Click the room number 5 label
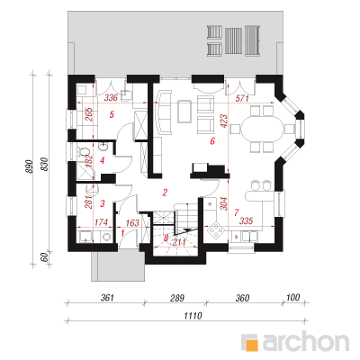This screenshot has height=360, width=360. coord(112,114)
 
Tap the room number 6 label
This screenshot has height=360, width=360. coord(212,141)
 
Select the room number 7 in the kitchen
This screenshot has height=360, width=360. coord(236,212)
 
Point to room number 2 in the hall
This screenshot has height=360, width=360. coord(165,193)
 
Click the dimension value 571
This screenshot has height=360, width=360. coord(242,98)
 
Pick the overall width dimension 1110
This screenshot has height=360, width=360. coord(193,316)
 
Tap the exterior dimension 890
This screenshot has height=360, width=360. coord(29,166)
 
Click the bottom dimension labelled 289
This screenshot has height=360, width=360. coord(177,298)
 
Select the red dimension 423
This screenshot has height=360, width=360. coord(225,121)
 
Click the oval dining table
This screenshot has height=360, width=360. coord(262,129)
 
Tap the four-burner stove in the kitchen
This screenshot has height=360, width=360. coord(216,230)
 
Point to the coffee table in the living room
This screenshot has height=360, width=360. coord(184,112)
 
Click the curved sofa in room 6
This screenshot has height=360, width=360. coord(163,112)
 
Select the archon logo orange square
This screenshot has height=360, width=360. coord(252,345)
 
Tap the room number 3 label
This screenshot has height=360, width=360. coord(103,203)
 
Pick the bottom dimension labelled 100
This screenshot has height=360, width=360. coord(292,298)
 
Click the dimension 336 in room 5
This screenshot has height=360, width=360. coord(111,98)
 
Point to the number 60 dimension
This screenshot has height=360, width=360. coord(44,257)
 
